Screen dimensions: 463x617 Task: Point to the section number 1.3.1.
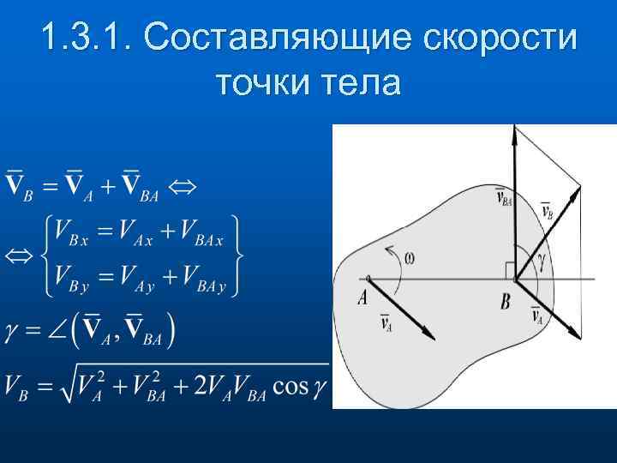pyautogui.click(x=85, y=38)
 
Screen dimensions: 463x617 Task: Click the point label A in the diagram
pyautogui.click(x=363, y=298)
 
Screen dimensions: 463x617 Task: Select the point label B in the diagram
pyautogui.click(x=505, y=301)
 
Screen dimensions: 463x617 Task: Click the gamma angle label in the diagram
pyautogui.click(x=543, y=257)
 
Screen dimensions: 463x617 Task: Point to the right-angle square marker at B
pyautogui.click(x=511, y=271)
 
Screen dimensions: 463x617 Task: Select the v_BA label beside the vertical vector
pyautogui.click(x=505, y=198)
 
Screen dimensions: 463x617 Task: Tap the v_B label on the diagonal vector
pyautogui.click(x=547, y=210)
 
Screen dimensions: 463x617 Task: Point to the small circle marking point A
pyautogui.click(x=368, y=279)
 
